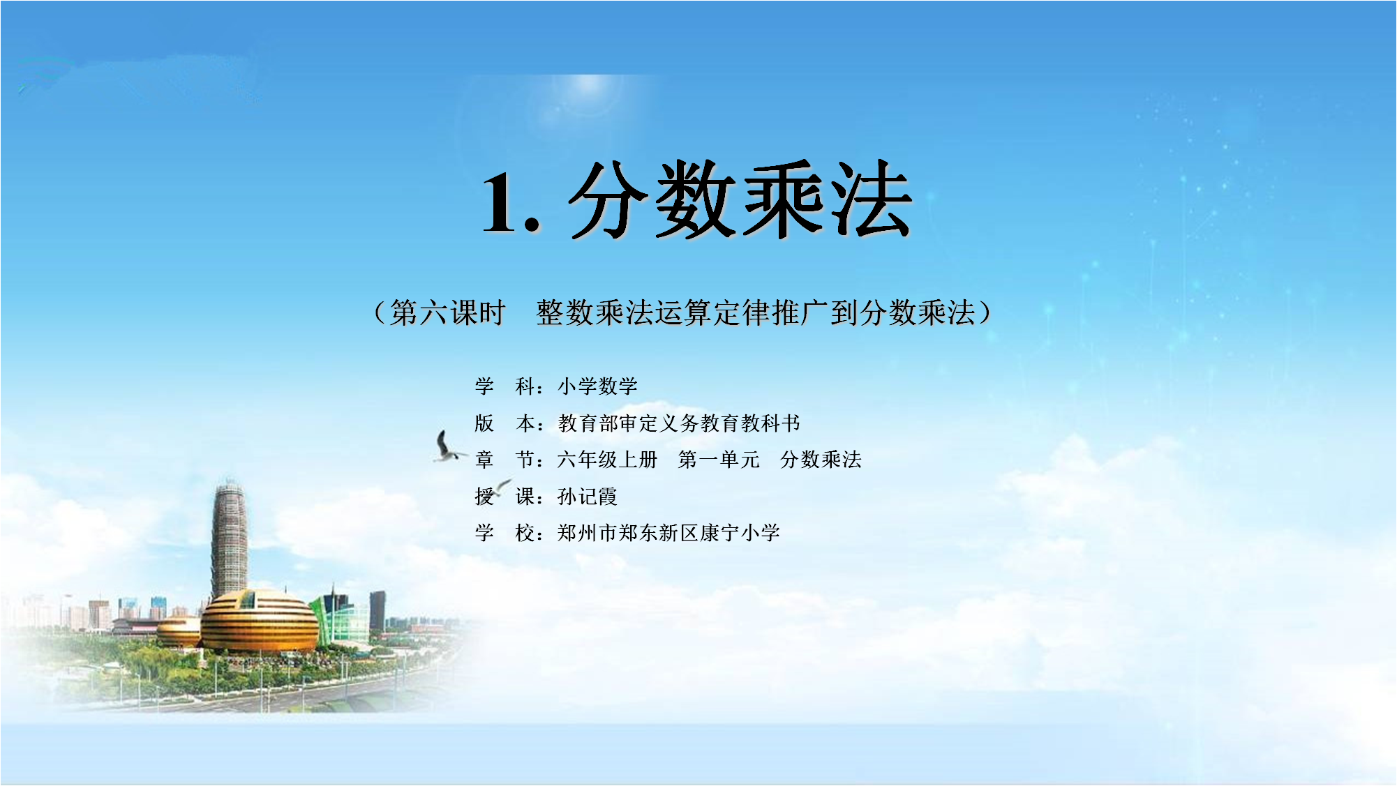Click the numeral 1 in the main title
[x=501, y=202]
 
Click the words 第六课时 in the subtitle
[x=447, y=312]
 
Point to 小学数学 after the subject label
[x=597, y=386]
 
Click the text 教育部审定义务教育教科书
[x=679, y=423]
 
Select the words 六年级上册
[x=608, y=460]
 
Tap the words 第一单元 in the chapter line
[x=719, y=460]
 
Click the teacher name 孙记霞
[x=588, y=497]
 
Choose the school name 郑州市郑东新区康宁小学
[x=668, y=533]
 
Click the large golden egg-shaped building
[x=260, y=620]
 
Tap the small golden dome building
[x=179, y=631]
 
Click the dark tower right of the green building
[x=378, y=610]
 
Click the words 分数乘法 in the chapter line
[x=821, y=460]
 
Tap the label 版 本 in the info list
[x=505, y=423]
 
